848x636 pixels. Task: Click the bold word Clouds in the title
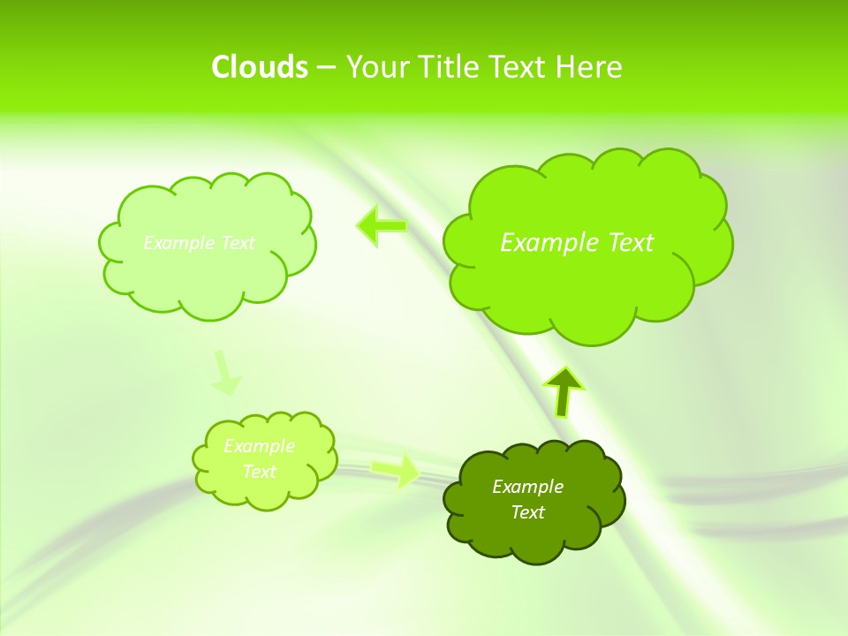point(259,67)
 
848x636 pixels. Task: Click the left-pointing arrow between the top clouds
point(382,226)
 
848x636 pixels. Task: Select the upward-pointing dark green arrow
point(563,391)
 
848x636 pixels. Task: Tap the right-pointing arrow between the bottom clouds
point(396,470)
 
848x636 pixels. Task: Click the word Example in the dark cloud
point(527,487)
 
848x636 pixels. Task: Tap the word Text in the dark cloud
point(527,512)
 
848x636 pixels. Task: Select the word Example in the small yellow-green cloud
point(259,446)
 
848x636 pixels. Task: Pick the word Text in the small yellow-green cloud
point(259,472)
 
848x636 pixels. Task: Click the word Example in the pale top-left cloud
point(178,243)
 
